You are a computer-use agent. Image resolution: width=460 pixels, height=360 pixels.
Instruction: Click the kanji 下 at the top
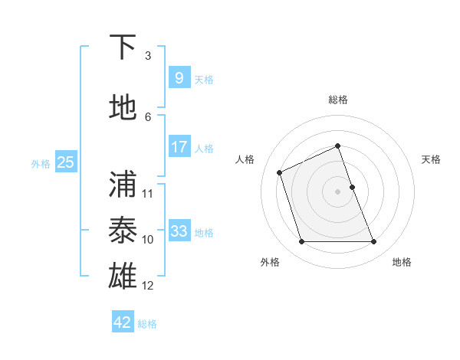click(123, 48)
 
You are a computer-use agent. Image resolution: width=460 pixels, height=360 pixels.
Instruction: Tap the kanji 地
click(123, 108)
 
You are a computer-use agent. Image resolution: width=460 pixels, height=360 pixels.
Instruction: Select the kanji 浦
click(123, 185)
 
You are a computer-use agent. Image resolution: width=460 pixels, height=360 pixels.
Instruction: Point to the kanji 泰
click(123, 231)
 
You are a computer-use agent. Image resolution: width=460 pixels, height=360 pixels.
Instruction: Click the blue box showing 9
click(179, 77)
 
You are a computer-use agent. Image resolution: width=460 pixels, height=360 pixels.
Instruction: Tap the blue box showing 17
click(179, 146)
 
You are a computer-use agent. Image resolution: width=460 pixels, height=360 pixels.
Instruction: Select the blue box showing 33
click(179, 231)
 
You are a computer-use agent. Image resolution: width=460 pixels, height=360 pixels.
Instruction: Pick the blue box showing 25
click(65, 162)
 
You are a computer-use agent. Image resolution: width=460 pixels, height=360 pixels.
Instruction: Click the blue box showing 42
click(123, 322)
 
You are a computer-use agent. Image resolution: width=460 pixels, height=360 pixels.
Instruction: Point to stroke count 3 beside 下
click(148, 56)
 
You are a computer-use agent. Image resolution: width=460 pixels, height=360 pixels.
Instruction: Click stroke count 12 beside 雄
click(148, 286)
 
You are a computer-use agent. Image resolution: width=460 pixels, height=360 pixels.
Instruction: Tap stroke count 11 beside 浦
click(148, 193)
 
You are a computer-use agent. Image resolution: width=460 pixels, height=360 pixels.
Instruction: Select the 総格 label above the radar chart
click(338, 100)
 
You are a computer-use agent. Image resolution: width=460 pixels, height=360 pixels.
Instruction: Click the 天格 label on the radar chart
click(431, 159)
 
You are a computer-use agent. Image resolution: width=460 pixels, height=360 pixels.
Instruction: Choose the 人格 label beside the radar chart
click(245, 159)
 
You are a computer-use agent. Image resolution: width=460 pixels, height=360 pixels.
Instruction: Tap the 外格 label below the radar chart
click(270, 262)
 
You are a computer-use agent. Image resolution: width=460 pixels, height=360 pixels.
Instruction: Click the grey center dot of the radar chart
click(338, 191)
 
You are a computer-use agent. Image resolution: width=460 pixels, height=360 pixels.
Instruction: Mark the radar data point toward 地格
click(373, 242)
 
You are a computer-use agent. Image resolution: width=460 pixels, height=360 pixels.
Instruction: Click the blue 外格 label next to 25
click(41, 163)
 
